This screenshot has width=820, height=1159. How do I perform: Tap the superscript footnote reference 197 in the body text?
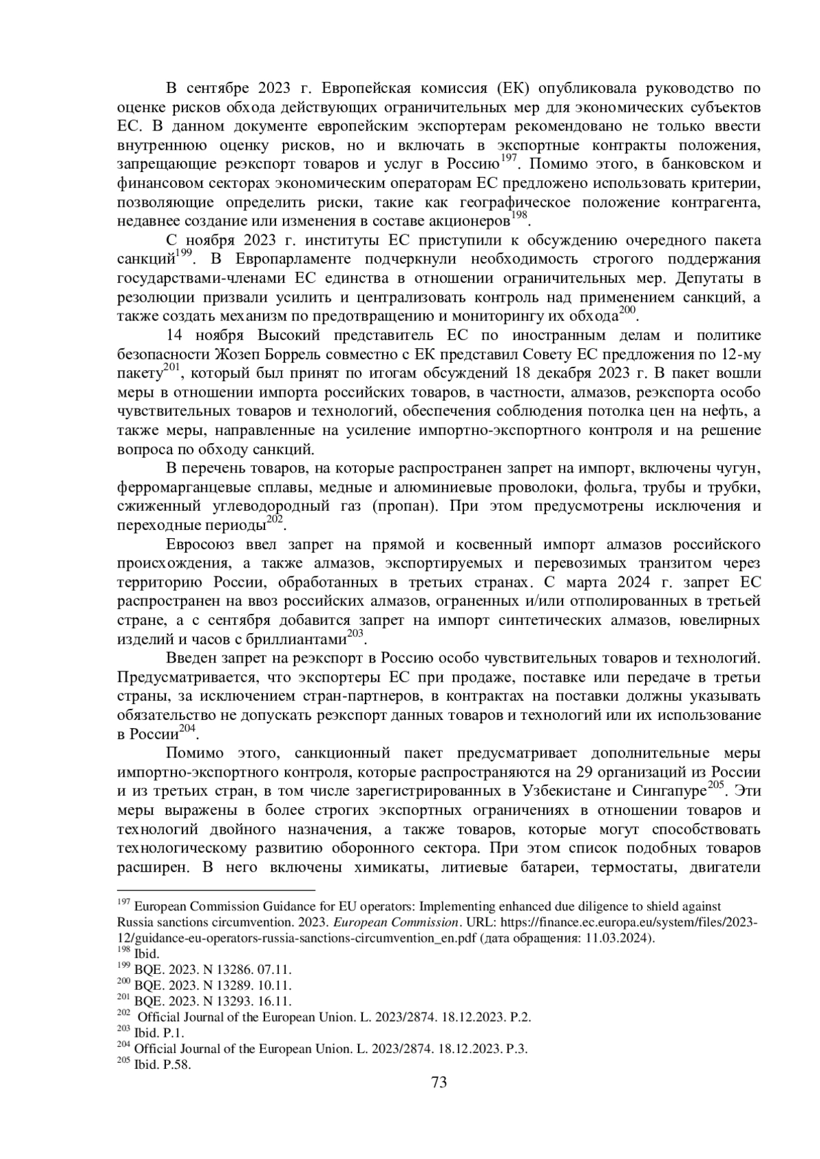click(x=508, y=159)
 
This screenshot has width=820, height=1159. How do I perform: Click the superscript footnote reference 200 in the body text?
click(x=626, y=311)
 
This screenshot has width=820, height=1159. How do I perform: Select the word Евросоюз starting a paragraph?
click(x=201, y=544)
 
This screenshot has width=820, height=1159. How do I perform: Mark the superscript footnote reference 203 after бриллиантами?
click(x=354, y=634)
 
